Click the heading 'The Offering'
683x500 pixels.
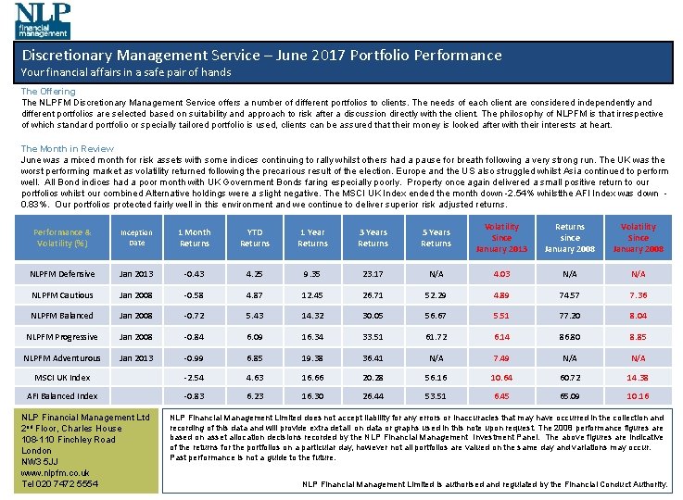[x=48, y=92]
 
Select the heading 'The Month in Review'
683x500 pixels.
[x=68, y=148]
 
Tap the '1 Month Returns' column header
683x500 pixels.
[x=195, y=238]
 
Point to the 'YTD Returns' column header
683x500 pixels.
[x=255, y=238]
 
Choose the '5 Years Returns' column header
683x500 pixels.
[x=436, y=238]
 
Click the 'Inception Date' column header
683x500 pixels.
[x=136, y=238]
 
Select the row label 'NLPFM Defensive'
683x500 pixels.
[x=62, y=274]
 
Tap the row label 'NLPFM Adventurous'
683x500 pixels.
[x=62, y=357]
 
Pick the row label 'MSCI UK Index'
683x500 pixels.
[x=62, y=378]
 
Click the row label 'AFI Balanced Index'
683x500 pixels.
[x=62, y=396]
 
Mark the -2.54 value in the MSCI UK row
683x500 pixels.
[x=195, y=378]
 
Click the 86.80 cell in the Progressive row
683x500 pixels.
[x=570, y=337]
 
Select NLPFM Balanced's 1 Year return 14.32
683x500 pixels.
[x=312, y=316]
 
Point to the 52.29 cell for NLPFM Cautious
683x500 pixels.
[x=436, y=295]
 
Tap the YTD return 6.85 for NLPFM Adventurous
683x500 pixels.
[x=255, y=357]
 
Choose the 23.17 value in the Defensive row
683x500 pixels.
[x=373, y=274]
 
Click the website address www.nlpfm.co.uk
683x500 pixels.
[x=56, y=472]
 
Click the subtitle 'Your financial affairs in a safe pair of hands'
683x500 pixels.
[x=126, y=72]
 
